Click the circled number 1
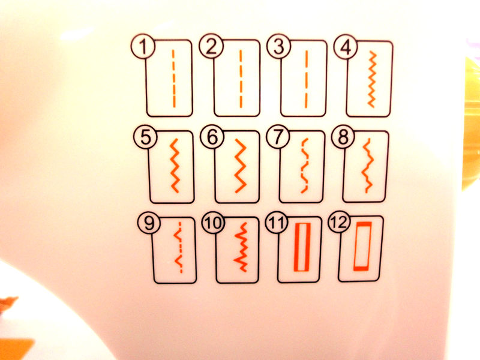pos(143,47)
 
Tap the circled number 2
pos(211,47)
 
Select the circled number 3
pos(278,47)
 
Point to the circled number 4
pos(346,47)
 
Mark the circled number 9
pos(149,223)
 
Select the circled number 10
pos(213,223)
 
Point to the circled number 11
pos(277,223)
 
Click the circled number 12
pos(339,223)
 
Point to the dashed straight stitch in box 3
pos(306,79)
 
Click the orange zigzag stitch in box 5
pos(175,166)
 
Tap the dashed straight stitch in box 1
pos(173,79)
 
